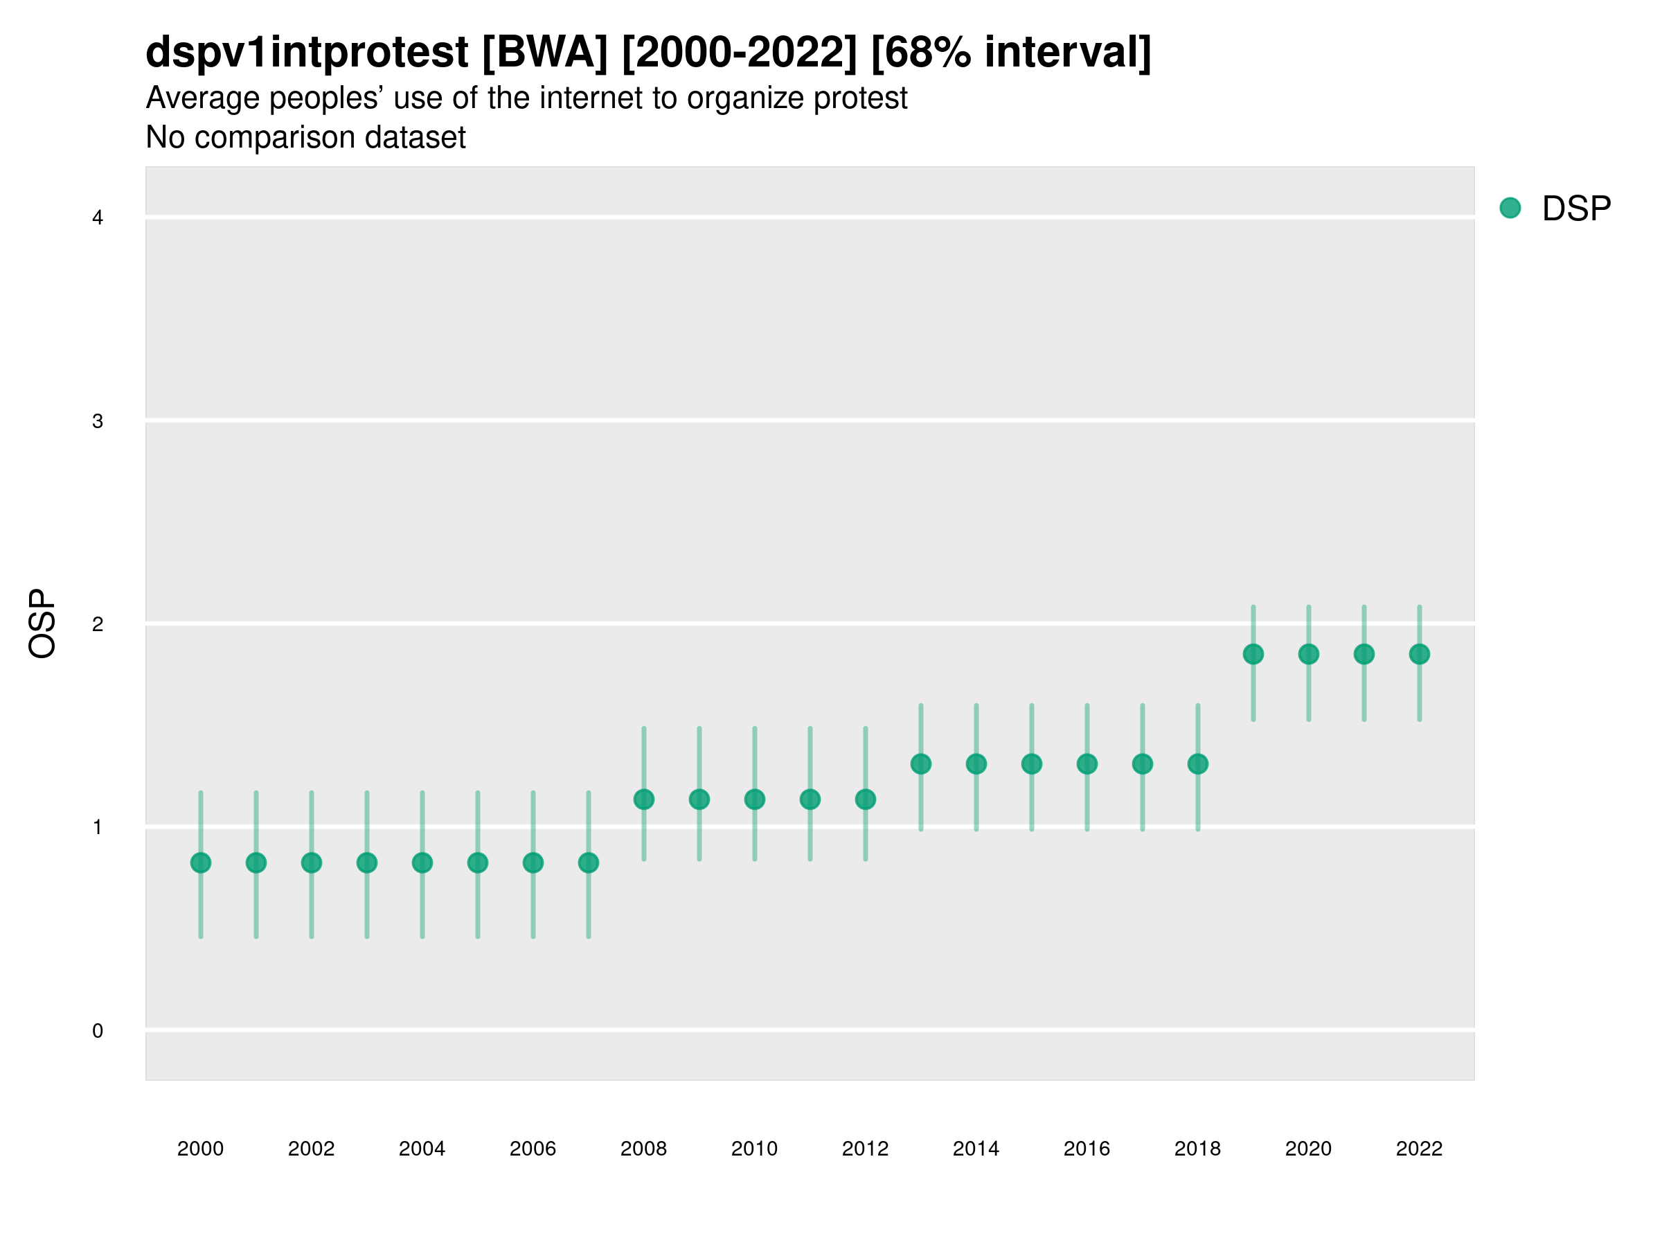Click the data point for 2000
point(201,863)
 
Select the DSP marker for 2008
point(644,799)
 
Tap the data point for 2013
point(921,764)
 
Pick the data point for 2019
point(1253,655)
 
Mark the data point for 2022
point(1420,655)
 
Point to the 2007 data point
point(589,863)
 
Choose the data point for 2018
point(1197,764)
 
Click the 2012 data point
point(866,799)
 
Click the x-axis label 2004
point(422,1149)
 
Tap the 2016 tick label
point(1087,1149)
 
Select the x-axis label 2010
point(754,1149)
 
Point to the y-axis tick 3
point(98,422)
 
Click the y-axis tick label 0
point(98,1032)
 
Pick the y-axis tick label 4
point(98,218)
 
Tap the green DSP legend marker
point(1510,209)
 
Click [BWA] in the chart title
point(545,53)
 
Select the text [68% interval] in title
point(1011,53)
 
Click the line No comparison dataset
point(306,138)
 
